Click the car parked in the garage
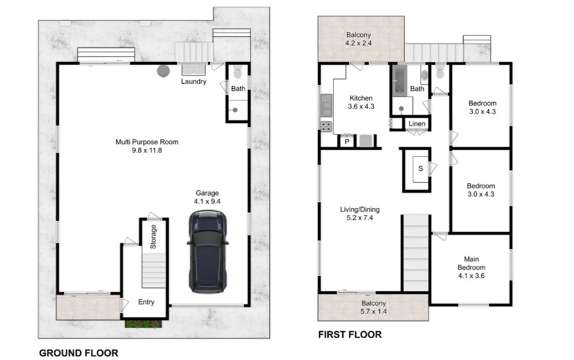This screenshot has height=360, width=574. (x=208, y=251)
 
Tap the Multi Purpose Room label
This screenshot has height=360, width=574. (x=147, y=142)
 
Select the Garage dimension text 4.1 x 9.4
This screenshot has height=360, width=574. (x=207, y=201)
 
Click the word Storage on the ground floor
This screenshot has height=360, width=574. (x=153, y=236)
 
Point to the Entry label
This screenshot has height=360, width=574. (x=146, y=302)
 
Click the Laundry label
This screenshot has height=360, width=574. (x=194, y=81)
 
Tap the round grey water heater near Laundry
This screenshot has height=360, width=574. (x=163, y=71)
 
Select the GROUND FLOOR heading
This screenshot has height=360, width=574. (x=79, y=353)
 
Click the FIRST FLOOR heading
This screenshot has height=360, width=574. (x=350, y=334)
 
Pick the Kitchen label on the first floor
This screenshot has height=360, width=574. (x=361, y=98)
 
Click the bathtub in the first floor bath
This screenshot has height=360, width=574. (x=400, y=81)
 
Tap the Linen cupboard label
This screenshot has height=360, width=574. (x=417, y=124)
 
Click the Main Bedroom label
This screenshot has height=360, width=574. (x=471, y=263)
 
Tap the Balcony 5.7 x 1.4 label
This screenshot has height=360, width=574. (x=373, y=303)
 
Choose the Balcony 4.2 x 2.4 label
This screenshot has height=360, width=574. (x=358, y=35)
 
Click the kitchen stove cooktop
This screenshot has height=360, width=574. (x=326, y=127)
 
